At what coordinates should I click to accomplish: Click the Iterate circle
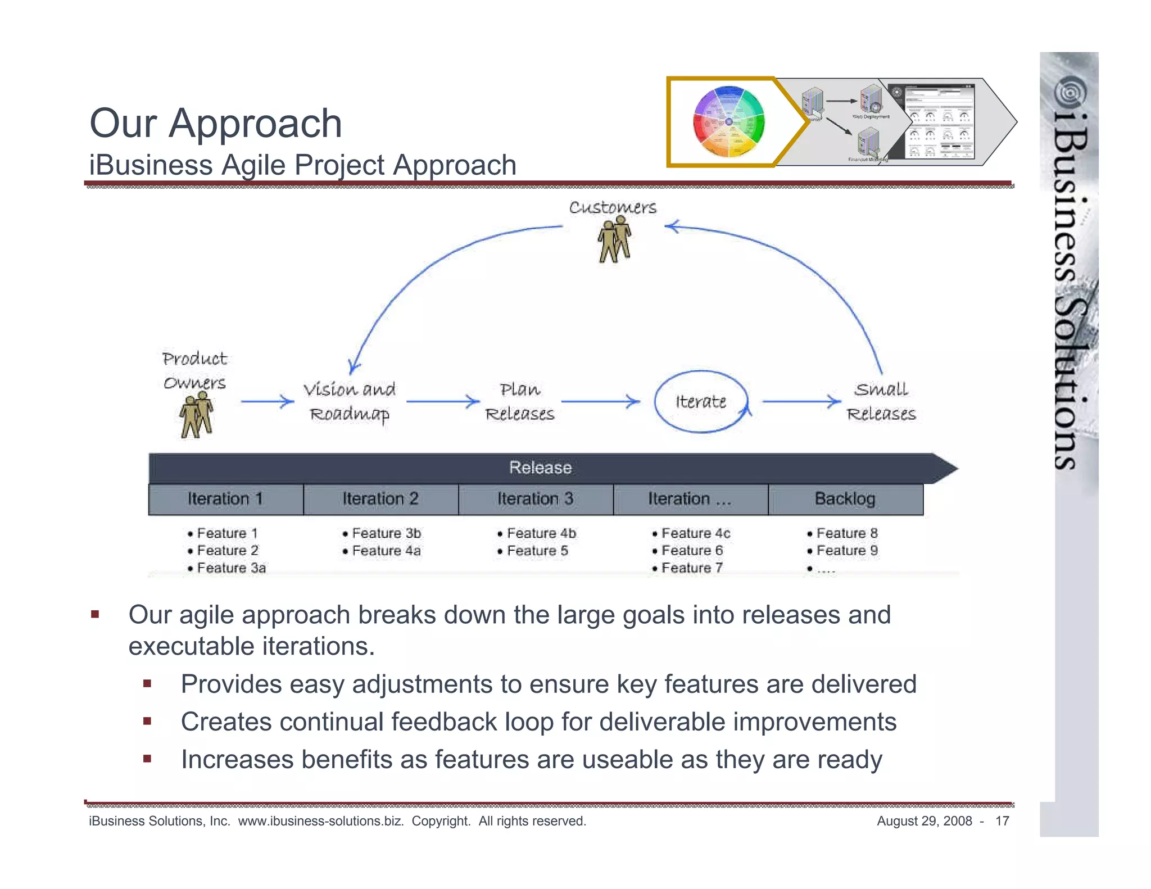(701, 401)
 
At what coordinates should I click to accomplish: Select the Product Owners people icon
(196, 415)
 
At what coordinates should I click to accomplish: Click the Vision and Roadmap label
(350, 401)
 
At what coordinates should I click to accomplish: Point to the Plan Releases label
(519, 401)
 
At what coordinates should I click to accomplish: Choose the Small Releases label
(881, 401)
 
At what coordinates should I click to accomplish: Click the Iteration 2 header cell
(380, 499)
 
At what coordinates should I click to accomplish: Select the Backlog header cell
(845, 499)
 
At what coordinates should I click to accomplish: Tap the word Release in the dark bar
(540, 468)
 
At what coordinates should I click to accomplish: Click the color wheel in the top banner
(728, 121)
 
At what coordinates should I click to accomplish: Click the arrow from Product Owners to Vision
(268, 401)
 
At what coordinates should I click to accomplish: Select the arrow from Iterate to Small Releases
(801, 401)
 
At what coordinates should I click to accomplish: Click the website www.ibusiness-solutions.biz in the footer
(321, 821)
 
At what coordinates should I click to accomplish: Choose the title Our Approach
(216, 123)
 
